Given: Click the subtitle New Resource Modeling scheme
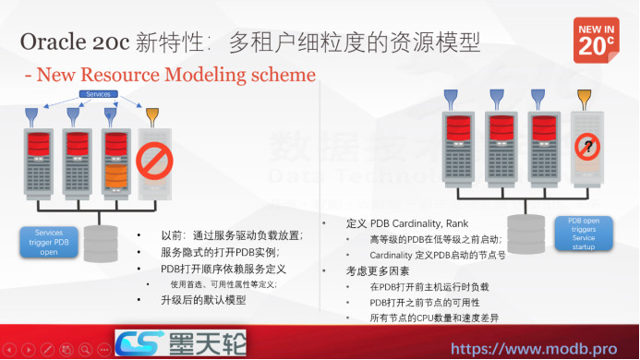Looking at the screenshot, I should (x=169, y=74).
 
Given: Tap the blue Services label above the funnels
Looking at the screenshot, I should (x=98, y=94).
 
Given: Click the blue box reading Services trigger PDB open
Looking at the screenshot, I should (x=49, y=241).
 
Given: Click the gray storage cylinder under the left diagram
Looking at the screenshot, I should (x=101, y=242).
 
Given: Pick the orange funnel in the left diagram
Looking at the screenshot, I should (x=151, y=115).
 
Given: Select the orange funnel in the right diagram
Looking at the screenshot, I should (x=584, y=97).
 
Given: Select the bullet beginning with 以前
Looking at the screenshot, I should (x=231, y=235).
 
